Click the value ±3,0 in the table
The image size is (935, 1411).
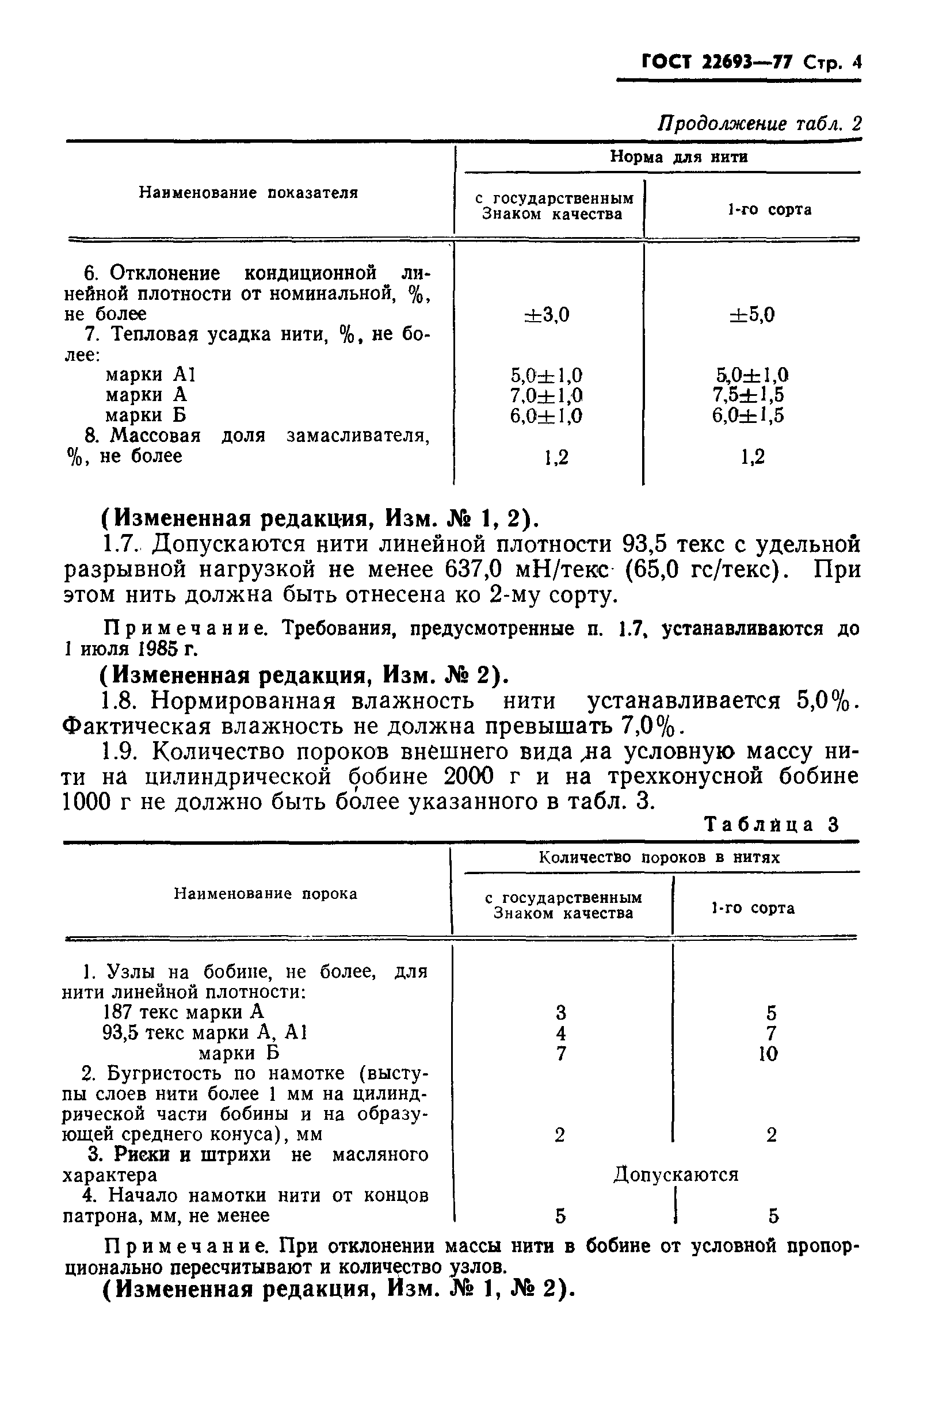click(x=547, y=314)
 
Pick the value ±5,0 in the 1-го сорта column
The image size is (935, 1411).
click(x=752, y=314)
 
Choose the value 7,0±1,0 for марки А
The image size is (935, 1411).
click(x=546, y=395)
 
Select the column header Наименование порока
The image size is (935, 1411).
click(x=265, y=893)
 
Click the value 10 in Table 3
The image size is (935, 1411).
click(x=769, y=1054)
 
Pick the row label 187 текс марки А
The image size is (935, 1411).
click(x=183, y=1012)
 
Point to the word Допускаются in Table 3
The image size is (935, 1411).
click(x=676, y=1174)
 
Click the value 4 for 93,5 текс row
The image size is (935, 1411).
click(x=560, y=1034)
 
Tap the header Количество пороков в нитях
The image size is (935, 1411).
click(x=659, y=857)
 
